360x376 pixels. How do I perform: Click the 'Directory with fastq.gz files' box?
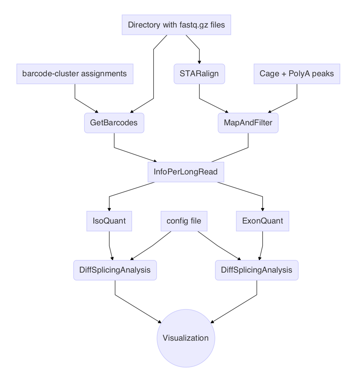(x=176, y=25)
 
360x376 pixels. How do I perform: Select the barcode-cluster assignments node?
(x=74, y=74)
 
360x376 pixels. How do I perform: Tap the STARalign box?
(x=199, y=74)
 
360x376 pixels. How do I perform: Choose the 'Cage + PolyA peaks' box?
(x=296, y=74)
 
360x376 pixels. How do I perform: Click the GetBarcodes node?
(x=114, y=123)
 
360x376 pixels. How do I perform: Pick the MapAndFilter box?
(x=248, y=123)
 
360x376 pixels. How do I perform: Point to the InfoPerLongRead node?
(x=186, y=172)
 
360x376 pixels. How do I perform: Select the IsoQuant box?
(x=109, y=221)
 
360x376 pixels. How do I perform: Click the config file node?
(x=184, y=221)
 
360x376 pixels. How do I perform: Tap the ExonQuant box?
(x=263, y=221)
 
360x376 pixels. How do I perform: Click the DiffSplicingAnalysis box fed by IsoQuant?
(x=115, y=270)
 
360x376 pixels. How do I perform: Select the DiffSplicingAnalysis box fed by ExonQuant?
(x=257, y=270)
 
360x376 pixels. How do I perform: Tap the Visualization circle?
(x=186, y=338)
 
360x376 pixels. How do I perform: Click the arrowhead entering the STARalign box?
(x=199, y=62)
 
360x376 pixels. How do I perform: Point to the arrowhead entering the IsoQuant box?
(x=109, y=209)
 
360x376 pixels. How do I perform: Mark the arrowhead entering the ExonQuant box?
(x=263, y=209)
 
